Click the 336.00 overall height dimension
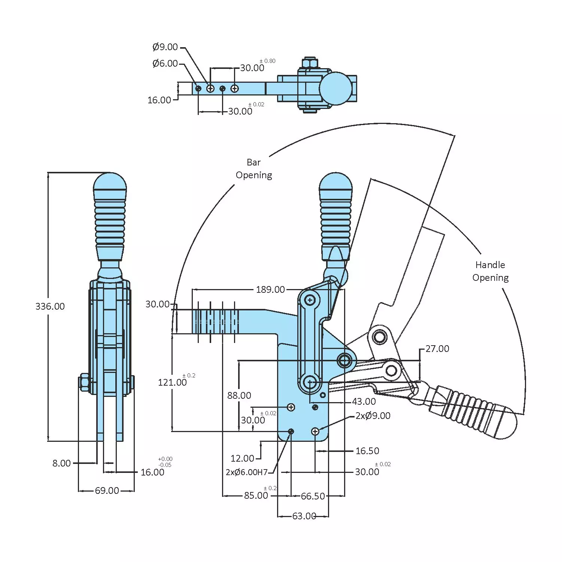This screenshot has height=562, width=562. [50, 306]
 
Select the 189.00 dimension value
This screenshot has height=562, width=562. [270, 289]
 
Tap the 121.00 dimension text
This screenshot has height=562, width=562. [172, 382]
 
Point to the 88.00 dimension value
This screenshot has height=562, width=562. [239, 395]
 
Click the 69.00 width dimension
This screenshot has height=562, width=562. [107, 490]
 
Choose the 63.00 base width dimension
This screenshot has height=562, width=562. [304, 516]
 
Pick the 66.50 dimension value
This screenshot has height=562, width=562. [313, 496]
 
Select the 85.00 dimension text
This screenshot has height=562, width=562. [256, 496]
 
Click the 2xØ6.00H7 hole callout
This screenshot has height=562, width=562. [247, 472]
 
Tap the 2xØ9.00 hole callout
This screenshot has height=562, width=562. [373, 416]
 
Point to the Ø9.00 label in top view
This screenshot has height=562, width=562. [165, 47]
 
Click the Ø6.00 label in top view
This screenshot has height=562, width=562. [165, 63]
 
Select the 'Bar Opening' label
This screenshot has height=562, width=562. [254, 168]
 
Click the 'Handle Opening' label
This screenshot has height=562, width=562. [490, 271]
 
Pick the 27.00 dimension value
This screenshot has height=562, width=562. [437, 349]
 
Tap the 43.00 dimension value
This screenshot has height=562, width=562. [364, 402]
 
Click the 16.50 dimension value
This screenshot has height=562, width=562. [367, 451]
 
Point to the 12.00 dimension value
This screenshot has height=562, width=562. [242, 458]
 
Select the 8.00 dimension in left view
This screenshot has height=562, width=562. [61, 463]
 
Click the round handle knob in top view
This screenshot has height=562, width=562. [335, 88]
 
